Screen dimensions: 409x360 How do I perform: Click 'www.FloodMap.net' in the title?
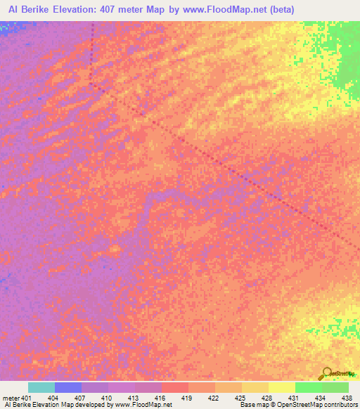click(x=226, y=10)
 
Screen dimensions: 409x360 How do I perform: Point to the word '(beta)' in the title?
click(x=281, y=10)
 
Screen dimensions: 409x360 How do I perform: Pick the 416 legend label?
click(x=160, y=398)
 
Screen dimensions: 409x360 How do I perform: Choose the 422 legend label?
click(x=213, y=398)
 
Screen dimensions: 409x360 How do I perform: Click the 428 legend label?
click(x=266, y=398)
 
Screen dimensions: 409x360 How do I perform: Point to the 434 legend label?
click(x=320, y=398)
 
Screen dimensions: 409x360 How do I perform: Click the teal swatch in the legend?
click(x=41, y=387)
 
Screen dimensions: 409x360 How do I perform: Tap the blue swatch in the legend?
click(x=67, y=387)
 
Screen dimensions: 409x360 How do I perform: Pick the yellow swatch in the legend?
click(x=281, y=387)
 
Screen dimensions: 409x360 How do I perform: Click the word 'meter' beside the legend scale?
click(x=11, y=398)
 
